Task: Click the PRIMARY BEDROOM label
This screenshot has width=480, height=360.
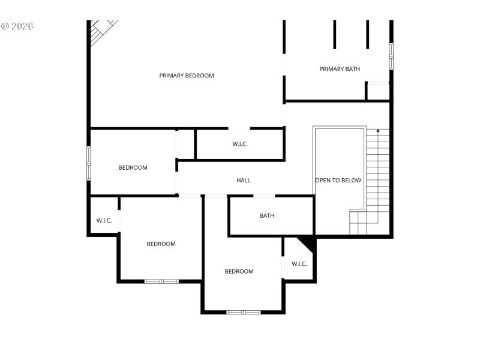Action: (x=187, y=76)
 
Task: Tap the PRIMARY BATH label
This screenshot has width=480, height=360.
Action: (x=340, y=69)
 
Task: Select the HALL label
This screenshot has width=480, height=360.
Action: (x=243, y=180)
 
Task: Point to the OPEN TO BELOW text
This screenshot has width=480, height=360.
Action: (x=338, y=180)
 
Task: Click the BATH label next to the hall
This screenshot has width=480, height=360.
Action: (x=267, y=215)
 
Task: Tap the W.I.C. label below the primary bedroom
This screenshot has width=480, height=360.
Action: (x=240, y=144)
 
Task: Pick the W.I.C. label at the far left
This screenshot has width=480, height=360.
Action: (x=104, y=221)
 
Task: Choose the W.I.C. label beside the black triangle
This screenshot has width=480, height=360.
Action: (x=299, y=264)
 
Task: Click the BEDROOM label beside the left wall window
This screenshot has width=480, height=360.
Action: (x=133, y=167)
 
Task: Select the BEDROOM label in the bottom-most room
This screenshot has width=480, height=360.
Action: (x=239, y=271)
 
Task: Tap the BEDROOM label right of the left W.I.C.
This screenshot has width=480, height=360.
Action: (x=161, y=244)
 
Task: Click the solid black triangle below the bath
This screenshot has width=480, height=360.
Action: (x=308, y=243)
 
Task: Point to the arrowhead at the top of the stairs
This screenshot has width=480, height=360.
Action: (x=378, y=130)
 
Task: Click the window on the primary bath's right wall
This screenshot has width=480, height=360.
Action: (x=391, y=56)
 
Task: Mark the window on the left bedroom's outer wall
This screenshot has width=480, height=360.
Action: (x=89, y=163)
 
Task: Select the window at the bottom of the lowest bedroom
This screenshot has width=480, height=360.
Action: (x=244, y=312)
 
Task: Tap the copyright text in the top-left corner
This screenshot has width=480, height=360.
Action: (x=17, y=26)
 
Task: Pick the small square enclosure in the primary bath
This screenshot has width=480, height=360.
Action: (x=378, y=91)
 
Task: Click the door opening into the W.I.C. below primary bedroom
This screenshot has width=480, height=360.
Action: (x=239, y=128)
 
